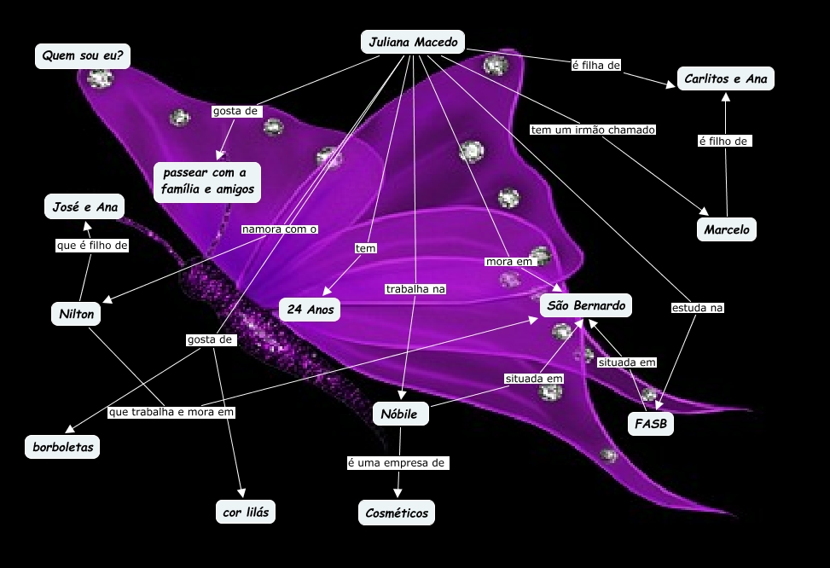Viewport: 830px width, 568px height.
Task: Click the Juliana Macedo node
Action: click(413, 42)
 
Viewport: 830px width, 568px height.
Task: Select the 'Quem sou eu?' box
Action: click(82, 56)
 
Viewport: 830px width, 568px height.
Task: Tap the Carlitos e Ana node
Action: click(725, 79)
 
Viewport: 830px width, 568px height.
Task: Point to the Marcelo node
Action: click(726, 229)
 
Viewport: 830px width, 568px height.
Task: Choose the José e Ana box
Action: click(84, 206)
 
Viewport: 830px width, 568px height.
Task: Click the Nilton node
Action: click(75, 313)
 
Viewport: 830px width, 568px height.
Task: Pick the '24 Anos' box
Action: click(310, 310)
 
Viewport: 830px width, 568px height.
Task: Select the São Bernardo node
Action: click(586, 305)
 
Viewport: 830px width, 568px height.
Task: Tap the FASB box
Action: click(650, 424)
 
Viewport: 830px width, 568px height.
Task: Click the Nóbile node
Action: click(400, 414)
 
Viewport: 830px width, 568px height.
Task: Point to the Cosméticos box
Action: click(396, 513)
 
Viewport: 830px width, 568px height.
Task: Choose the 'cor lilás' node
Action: click(246, 512)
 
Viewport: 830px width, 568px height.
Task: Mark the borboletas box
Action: click(62, 446)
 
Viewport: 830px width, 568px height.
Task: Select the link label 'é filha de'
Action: click(595, 65)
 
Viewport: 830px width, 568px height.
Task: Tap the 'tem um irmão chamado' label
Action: click(593, 130)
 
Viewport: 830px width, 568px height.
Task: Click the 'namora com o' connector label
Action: click(279, 229)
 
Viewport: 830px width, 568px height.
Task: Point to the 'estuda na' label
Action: click(697, 307)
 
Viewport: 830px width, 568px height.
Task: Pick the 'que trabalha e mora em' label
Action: click(171, 412)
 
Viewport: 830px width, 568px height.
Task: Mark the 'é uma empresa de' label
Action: click(397, 463)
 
